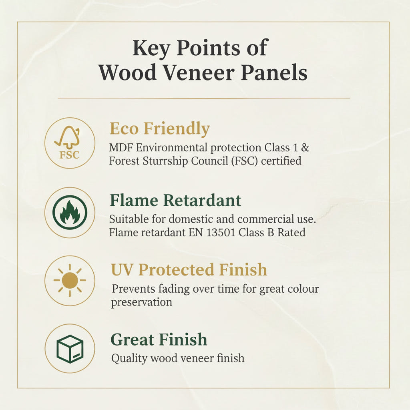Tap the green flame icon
click(x=70, y=212)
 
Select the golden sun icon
click(x=70, y=280)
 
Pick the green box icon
click(x=70, y=348)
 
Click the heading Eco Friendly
click(x=159, y=129)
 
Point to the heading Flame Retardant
click(x=175, y=200)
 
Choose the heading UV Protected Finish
click(x=189, y=270)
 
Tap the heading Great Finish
click(x=159, y=340)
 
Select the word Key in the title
click(x=151, y=48)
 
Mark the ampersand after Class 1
click(x=305, y=147)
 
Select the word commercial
click(x=266, y=219)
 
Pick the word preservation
click(x=141, y=302)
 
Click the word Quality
click(x=129, y=358)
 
